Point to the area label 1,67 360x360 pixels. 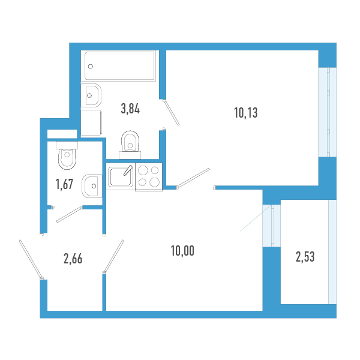(x=64, y=184)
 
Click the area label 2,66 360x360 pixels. (x=73, y=259)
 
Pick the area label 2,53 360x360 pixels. (x=305, y=257)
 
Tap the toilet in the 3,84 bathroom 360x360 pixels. (x=129, y=142)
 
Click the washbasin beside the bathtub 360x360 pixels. (x=92, y=94)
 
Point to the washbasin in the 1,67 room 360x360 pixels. (x=92, y=185)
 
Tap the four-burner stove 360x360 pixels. (x=149, y=176)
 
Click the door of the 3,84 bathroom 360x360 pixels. (x=171, y=112)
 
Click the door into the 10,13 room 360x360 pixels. (x=193, y=178)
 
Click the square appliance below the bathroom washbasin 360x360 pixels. (x=92, y=122)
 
